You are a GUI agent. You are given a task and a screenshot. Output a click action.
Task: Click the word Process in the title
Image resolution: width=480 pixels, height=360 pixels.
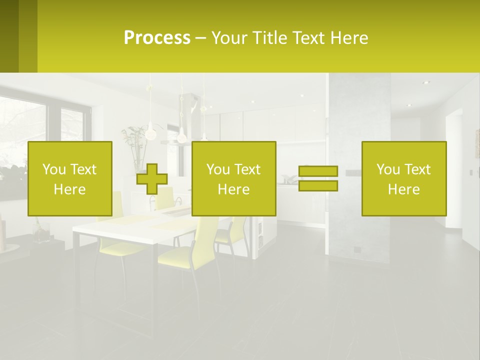(157, 38)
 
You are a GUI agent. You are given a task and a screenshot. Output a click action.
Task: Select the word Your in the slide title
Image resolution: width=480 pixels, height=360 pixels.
(230, 38)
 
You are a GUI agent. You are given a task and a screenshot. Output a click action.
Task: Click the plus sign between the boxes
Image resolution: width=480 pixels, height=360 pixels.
(152, 179)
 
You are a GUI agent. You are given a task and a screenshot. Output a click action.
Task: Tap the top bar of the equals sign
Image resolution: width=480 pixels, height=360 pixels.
(318, 171)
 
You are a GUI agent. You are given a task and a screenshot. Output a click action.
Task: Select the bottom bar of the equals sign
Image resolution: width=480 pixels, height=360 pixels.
(318, 186)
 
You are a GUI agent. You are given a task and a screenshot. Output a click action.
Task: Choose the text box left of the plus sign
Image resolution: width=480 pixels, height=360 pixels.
(69, 178)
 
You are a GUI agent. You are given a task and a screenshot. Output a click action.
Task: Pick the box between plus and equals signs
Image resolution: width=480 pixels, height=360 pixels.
(233, 178)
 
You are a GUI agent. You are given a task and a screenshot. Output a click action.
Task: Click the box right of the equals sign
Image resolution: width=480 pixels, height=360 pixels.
(403, 178)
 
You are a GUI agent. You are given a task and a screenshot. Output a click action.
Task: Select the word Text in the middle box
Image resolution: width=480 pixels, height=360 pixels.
(248, 169)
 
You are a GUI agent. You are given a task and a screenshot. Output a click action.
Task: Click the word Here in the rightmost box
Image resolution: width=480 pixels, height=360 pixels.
(403, 189)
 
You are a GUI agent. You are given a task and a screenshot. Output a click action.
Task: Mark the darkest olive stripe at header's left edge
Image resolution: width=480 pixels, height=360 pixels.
(9, 36)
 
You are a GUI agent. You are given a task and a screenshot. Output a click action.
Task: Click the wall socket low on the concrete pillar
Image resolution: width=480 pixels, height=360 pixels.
(357, 248)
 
